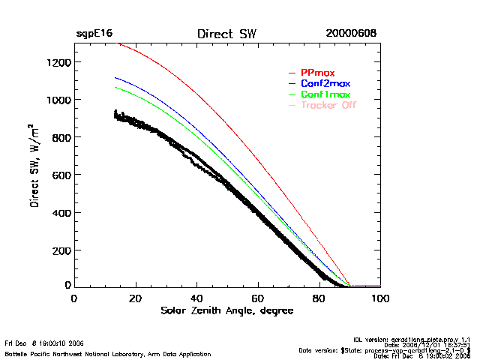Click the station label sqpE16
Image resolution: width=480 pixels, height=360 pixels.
pyautogui.click(x=94, y=34)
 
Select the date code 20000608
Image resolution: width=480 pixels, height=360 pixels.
pyautogui.click(x=351, y=34)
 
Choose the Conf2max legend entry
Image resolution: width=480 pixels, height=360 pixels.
pyautogui.click(x=325, y=83)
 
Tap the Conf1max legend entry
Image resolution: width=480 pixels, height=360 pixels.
pyautogui.click(x=325, y=94)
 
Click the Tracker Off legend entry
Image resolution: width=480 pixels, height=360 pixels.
pyautogui.click(x=328, y=105)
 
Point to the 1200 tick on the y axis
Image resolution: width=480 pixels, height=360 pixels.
pyautogui.click(x=57, y=62)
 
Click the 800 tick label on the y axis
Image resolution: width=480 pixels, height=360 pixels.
pyautogui.click(x=60, y=137)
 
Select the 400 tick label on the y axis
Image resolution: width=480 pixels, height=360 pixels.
pyautogui.click(x=60, y=212)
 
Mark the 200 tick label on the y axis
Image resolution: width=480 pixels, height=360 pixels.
pyautogui.click(x=60, y=250)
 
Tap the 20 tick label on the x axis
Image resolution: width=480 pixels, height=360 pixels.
pyautogui.click(x=135, y=298)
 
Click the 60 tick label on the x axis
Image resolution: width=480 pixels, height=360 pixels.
pyautogui.click(x=258, y=298)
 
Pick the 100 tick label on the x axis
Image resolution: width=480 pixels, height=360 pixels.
pyautogui.click(x=381, y=298)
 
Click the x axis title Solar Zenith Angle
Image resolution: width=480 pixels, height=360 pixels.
pyautogui.click(x=226, y=310)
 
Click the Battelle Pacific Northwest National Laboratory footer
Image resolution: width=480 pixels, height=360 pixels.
pyautogui.click(x=108, y=353)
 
